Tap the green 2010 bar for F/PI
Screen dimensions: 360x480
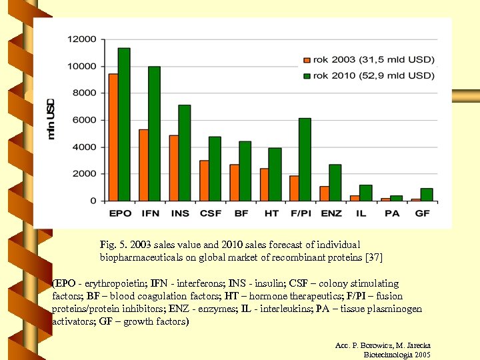coord(305,159)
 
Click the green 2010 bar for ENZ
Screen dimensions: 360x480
coord(335,183)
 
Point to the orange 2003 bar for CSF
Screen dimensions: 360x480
coord(204,181)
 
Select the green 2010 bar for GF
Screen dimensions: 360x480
coord(426,195)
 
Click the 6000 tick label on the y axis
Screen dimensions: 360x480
coord(85,120)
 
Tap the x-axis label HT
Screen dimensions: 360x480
coord(271,213)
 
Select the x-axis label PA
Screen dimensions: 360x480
coord(391,213)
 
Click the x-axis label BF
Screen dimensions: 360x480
coord(241,213)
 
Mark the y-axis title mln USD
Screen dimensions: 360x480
coord(51,119)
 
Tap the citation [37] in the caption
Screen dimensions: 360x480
coord(374,257)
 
